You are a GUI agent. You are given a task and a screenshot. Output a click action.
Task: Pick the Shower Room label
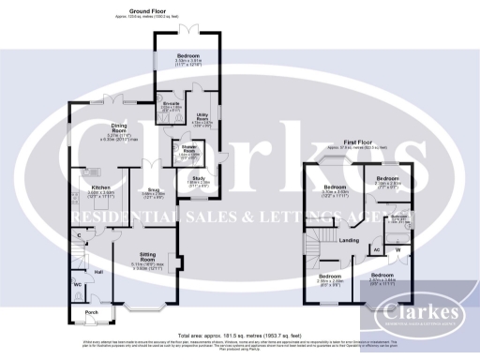(176, 149)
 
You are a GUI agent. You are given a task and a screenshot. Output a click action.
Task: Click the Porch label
(91, 312)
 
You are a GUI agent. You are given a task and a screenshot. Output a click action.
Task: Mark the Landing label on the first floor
(349, 241)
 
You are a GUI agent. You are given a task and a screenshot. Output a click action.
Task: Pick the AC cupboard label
(378, 250)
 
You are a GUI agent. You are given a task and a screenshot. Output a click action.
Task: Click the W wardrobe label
(397, 249)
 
